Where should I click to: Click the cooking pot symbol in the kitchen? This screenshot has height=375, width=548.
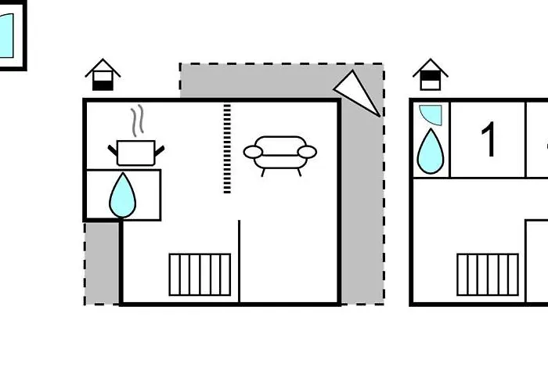136,153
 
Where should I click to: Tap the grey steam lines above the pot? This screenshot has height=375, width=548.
138,121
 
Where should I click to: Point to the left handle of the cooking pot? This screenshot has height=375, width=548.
113,150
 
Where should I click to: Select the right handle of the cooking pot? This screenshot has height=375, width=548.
159,151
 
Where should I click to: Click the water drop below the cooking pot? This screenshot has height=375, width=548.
122,196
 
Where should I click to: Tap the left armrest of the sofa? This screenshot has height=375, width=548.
253,153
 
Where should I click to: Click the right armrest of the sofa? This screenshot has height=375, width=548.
307,152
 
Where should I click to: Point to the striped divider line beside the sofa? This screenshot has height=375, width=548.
227,148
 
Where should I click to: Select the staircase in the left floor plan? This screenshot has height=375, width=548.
200,275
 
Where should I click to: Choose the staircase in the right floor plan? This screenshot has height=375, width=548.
488,275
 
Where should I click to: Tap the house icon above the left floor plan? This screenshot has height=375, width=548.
103,75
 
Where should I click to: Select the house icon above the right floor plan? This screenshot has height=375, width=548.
431,75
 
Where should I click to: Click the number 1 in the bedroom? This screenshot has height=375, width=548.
489,139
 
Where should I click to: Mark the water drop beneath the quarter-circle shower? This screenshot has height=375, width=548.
431,151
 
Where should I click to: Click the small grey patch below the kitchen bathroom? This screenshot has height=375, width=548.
102,263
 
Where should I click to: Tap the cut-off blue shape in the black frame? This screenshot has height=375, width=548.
6,36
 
